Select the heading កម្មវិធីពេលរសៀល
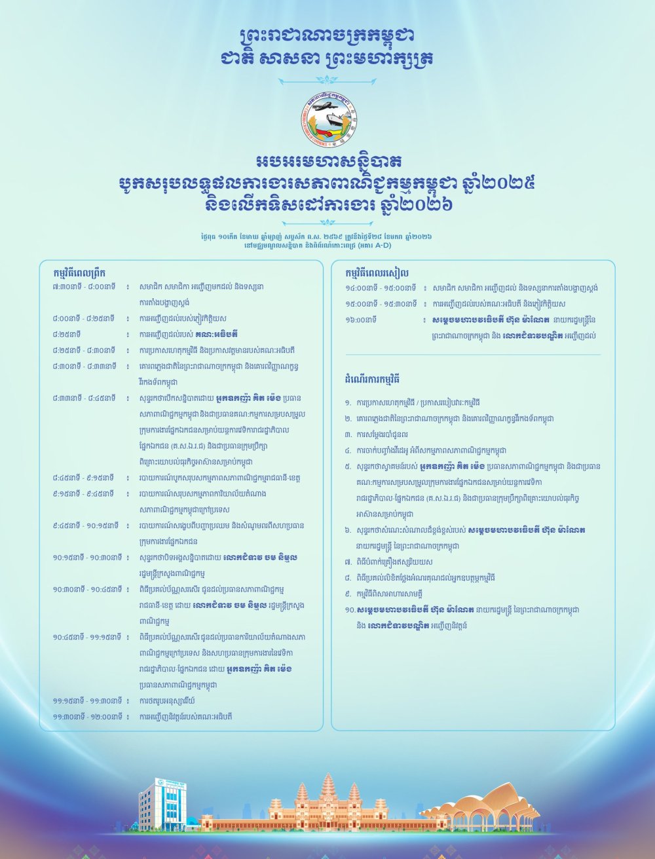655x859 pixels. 377,273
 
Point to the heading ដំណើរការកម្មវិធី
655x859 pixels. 371,379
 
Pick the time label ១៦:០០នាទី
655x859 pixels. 361,320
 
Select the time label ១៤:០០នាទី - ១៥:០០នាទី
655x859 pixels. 381,288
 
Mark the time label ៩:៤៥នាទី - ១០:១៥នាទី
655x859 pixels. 86,525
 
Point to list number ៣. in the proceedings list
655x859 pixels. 348,434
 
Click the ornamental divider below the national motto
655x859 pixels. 327,81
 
